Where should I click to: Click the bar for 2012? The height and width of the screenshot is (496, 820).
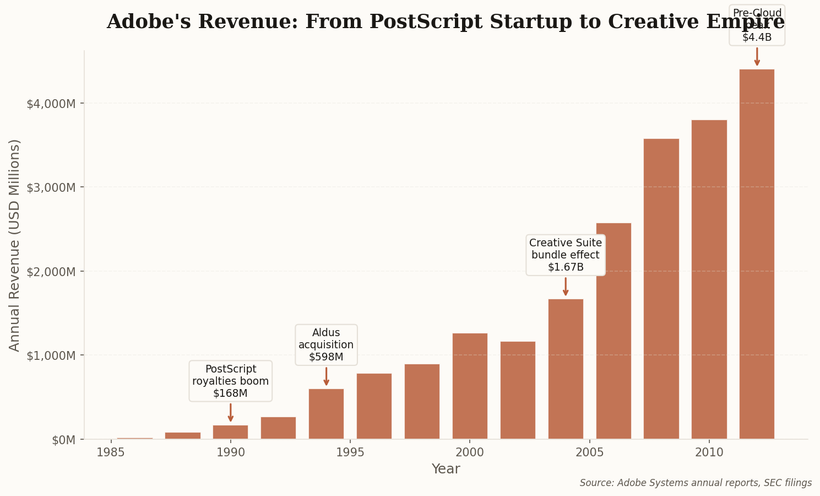click(x=757, y=254)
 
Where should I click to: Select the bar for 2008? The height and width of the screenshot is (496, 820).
click(x=661, y=289)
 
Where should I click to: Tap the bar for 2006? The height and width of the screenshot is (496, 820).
click(x=613, y=331)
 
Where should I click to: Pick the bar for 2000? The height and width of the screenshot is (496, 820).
click(x=470, y=386)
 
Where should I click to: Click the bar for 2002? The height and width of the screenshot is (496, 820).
click(x=518, y=390)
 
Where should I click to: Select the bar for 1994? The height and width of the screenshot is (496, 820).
click(x=326, y=414)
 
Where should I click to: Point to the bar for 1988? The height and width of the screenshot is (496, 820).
click(x=182, y=435)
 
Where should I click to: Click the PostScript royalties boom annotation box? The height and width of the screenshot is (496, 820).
click(x=230, y=381)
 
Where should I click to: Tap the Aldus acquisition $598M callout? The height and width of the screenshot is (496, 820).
click(x=326, y=345)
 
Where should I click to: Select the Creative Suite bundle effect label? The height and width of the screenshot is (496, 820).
click(x=566, y=255)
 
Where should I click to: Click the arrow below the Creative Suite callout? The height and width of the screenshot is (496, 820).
click(x=566, y=286)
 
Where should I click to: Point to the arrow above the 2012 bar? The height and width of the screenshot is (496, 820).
click(x=757, y=56)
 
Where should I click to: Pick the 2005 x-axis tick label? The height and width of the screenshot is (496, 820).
click(x=589, y=453)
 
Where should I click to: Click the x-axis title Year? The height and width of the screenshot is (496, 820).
click(x=446, y=470)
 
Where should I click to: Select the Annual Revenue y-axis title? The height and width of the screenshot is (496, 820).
click(x=15, y=245)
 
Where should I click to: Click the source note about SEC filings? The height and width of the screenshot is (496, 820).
click(x=695, y=483)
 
